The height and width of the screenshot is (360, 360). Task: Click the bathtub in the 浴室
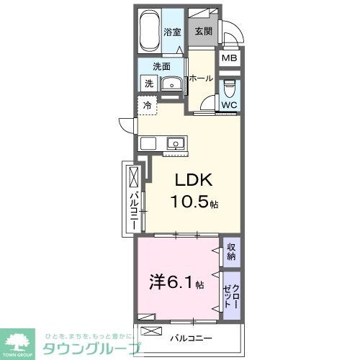(x=150, y=32)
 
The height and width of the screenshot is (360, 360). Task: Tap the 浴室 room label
(x=172, y=32)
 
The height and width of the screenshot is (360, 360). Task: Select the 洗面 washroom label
(x=161, y=67)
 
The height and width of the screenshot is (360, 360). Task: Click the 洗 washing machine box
(x=148, y=84)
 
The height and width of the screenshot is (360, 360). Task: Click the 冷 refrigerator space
(x=148, y=106)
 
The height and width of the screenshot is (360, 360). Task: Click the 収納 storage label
(x=231, y=251)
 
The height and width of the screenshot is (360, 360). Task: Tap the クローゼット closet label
(x=231, y=294)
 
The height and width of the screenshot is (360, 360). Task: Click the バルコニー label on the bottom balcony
(x=192, y=336)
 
